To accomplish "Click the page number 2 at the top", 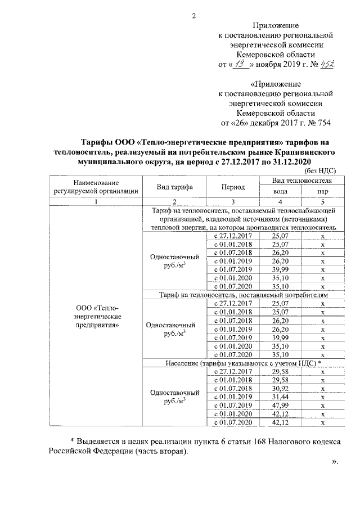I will (193, 15).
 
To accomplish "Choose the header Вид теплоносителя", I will (302, 181).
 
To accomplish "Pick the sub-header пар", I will (323, 191).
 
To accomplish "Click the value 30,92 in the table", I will (280, 388).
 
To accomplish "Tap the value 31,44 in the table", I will (280, 397).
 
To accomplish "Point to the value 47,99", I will (280, 405).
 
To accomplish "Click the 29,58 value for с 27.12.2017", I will (280, 371).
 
